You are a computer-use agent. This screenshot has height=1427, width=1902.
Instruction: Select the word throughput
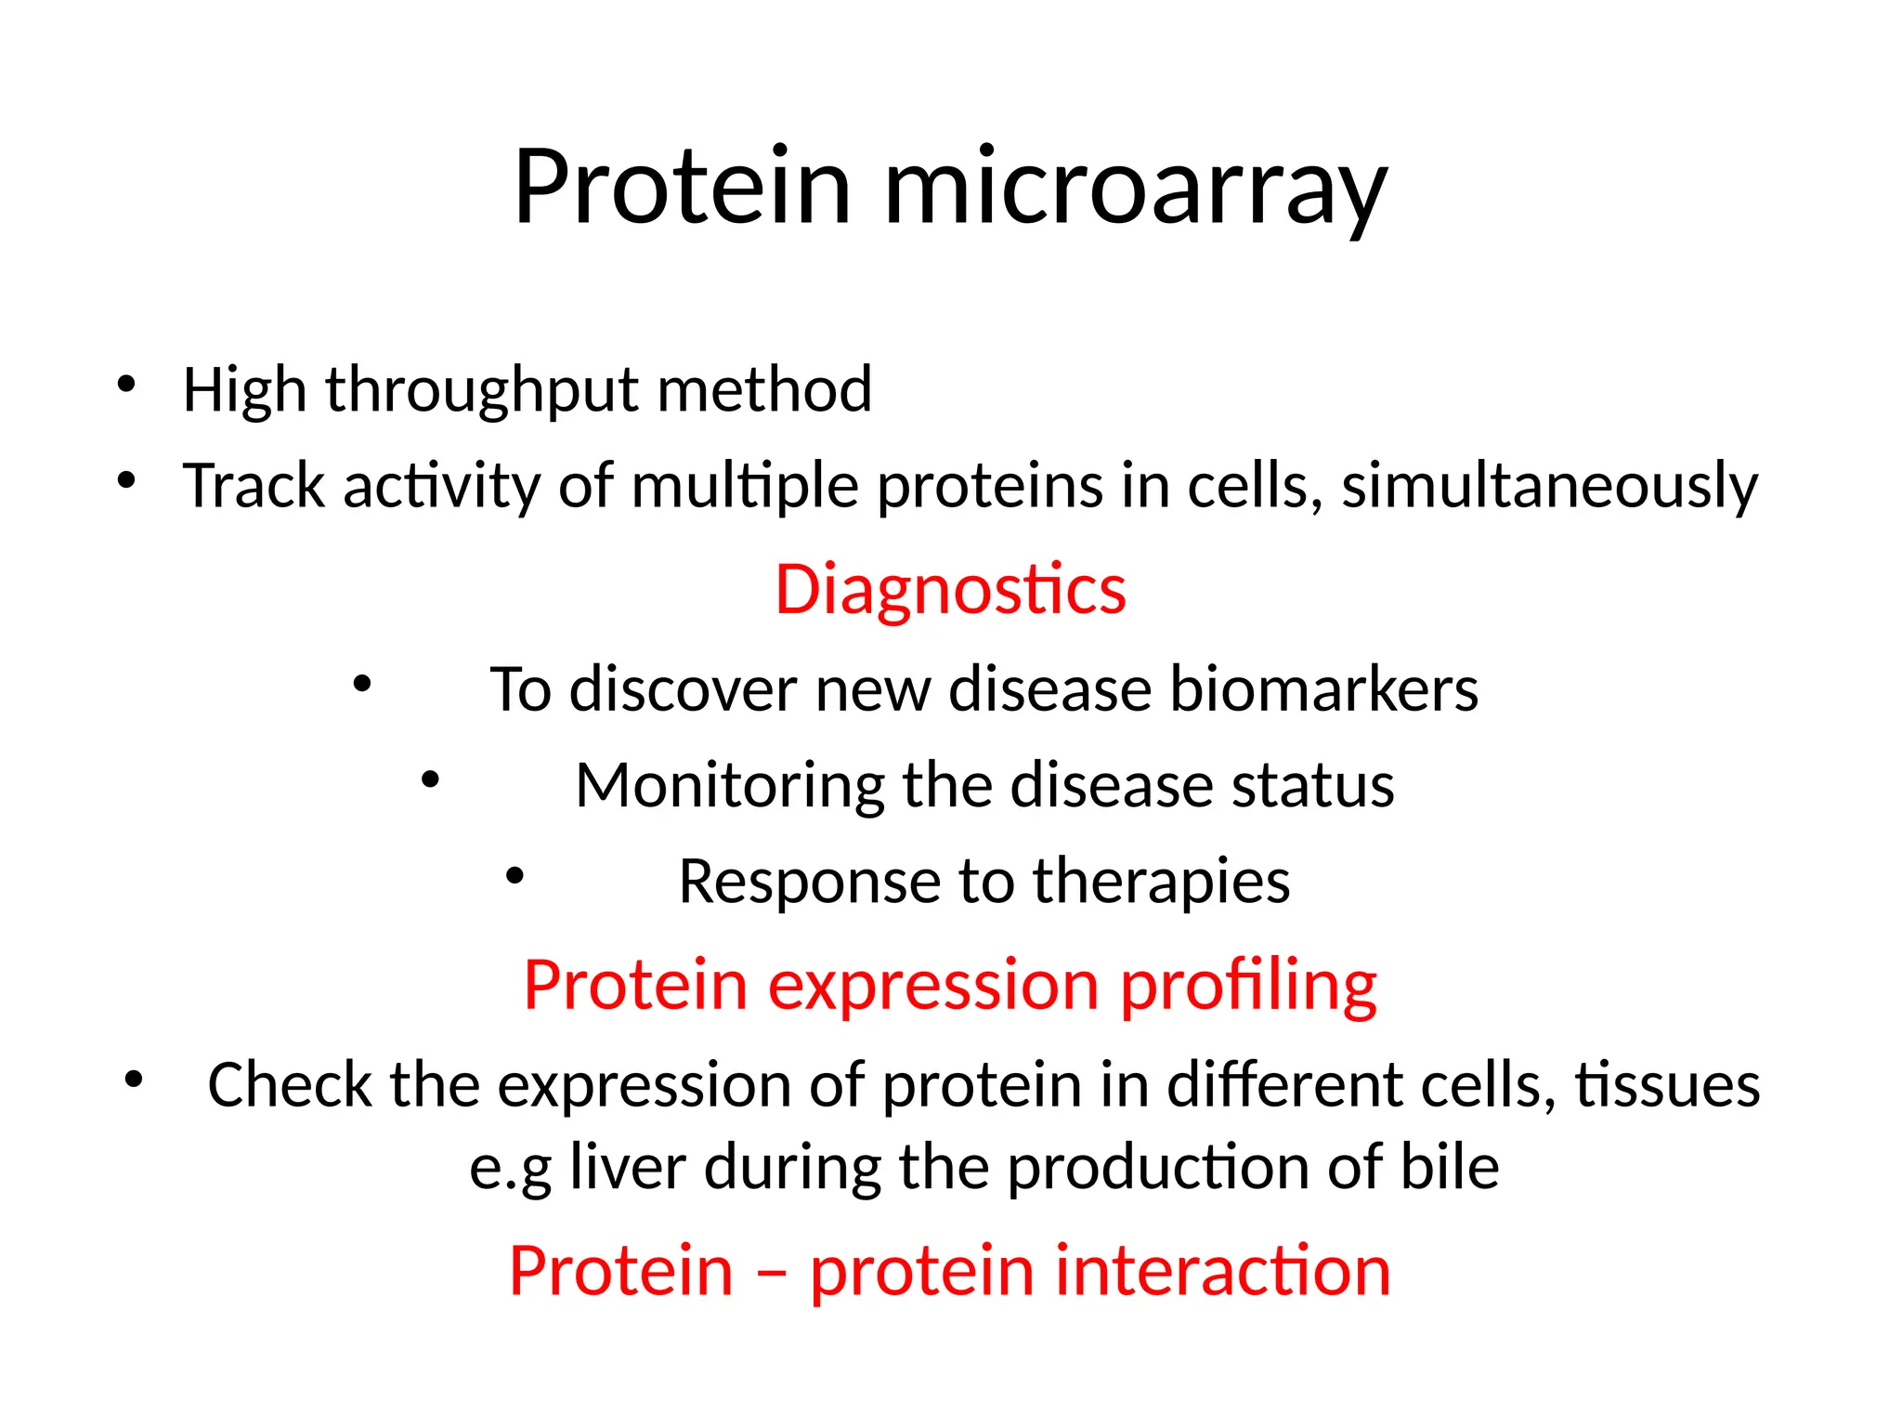[481, 390]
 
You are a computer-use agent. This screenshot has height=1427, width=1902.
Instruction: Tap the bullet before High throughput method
[127, 383]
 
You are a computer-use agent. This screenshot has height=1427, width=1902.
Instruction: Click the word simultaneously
[1549, 487]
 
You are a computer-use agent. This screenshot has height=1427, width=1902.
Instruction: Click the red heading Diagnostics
[950, 590]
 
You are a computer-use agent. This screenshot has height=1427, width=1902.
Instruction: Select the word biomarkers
[1323, 690]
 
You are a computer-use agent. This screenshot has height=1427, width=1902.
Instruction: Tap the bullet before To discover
[362, 685]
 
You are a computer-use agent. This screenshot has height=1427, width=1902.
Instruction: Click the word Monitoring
[729, 787]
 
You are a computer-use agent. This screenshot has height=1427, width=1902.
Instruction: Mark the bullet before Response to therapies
[515, 875]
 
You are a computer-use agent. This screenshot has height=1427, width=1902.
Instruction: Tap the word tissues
[1667, 1085]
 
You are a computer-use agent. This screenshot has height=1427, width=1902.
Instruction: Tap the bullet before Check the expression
[135, 1079]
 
